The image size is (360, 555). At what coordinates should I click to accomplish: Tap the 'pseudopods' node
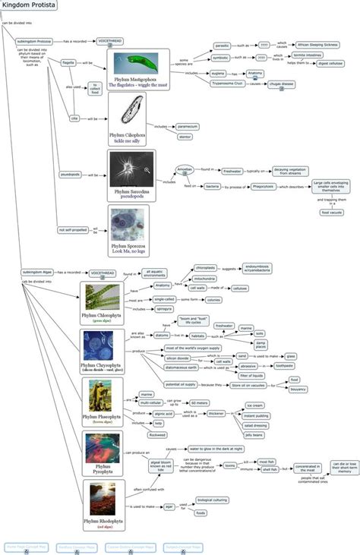(x=70, y=175)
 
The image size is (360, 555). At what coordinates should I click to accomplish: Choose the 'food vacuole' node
(x=332, y=213)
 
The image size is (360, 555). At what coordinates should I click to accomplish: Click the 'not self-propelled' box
(x=73, y=229)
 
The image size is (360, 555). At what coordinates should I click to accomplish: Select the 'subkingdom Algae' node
(x=36, y=272)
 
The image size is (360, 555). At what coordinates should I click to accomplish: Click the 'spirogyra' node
(x=163, y=309)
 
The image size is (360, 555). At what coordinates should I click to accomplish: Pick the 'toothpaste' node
(x=286, y=365)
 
